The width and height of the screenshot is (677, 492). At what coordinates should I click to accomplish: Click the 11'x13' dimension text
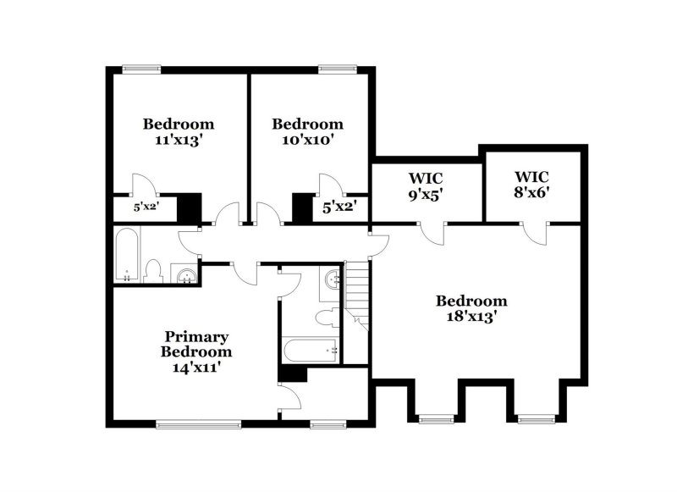coord(179,140)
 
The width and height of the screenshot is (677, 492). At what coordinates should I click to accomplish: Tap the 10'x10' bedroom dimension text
coord(307,140)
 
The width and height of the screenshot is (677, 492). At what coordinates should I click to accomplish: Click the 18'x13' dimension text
coord(472,317)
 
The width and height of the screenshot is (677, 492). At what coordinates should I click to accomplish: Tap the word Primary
coord(196,336)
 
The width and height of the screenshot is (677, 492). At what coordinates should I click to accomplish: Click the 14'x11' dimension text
coord(196,367)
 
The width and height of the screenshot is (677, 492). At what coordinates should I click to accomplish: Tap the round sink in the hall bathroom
coord(184,274)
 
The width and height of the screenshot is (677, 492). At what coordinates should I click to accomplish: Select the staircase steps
coord(357,292)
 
